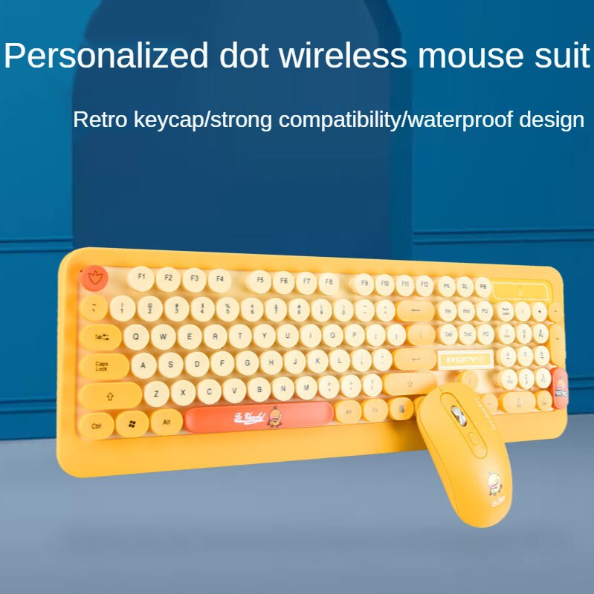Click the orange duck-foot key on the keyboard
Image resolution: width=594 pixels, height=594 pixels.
94,279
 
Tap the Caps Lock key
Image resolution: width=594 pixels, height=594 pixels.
103,366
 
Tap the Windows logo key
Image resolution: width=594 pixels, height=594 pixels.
132,424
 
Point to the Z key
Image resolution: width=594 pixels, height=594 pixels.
156,393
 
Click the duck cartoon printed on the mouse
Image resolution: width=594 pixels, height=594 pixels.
493,483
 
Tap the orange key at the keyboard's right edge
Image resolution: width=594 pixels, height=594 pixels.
559,383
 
